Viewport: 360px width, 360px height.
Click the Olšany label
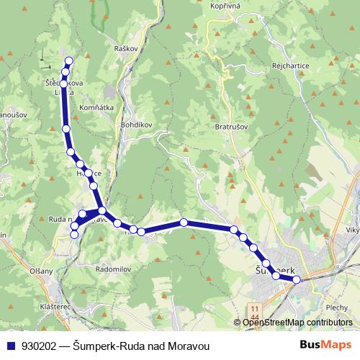pos(41,271)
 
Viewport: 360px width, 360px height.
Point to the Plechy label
pos(336,307)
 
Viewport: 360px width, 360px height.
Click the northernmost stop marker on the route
pos(69,61)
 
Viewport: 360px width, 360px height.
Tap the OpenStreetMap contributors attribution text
pos(297,323)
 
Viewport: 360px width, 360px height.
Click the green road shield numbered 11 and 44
pos(256,312)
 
